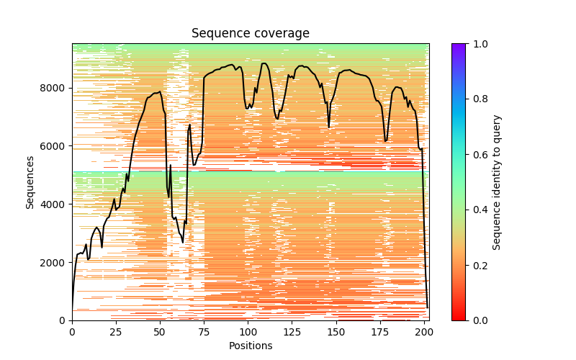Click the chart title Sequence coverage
coord(250,34)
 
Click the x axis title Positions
coord(250,346)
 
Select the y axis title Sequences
coord(30,181)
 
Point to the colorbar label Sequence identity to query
coord(497,181)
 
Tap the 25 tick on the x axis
coord(116,331)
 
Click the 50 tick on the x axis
coord(160,331)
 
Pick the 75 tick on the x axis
coord(204,331)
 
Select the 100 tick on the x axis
coord(248,331)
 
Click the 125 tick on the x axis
coord(292,331)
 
